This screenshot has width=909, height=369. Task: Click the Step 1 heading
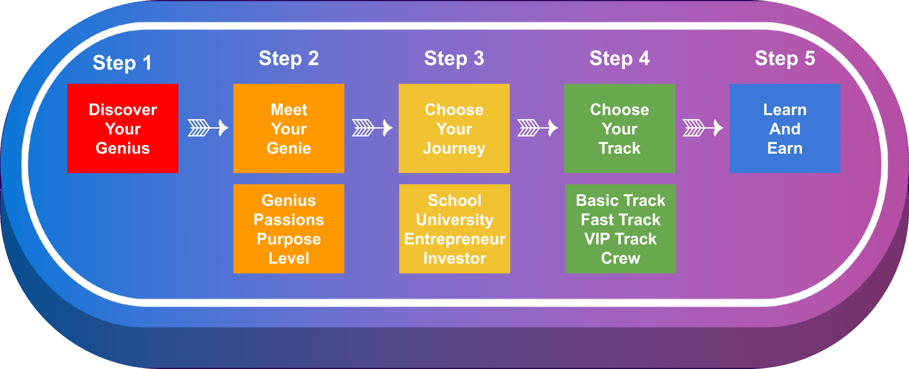122,63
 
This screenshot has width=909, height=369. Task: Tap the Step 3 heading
454,58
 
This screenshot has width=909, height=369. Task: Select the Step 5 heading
784,58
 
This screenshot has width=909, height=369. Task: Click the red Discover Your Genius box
123,128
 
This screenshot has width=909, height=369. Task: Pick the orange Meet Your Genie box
289,128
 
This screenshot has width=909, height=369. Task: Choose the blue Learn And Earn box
784,128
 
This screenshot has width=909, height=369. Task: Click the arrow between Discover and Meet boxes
208,128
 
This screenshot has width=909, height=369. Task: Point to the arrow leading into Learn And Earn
703,128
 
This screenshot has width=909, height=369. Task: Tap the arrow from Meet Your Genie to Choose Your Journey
372,128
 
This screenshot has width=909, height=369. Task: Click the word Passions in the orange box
289,219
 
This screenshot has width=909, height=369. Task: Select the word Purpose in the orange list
289,239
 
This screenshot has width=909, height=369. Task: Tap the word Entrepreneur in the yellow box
455,239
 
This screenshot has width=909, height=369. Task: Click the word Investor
455,259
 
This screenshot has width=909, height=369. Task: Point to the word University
455,220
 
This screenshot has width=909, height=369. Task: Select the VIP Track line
620,239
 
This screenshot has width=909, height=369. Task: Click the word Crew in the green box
620,259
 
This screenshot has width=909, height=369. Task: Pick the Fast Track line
620,219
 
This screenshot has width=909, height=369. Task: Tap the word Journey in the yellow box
454,149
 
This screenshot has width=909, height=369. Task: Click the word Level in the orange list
289,259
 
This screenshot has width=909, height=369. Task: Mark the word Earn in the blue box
784,148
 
